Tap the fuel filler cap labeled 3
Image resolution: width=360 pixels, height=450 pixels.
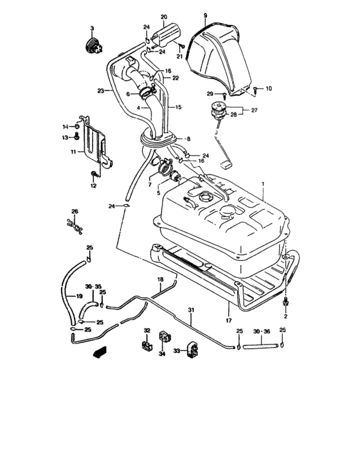pos(92,46)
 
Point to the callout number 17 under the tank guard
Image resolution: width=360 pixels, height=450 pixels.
pos(227,319)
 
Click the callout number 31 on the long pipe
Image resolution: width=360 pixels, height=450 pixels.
pos(190,312)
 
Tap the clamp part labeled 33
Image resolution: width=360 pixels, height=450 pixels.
pos(192,350)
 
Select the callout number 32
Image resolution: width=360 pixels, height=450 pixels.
pos(147,330)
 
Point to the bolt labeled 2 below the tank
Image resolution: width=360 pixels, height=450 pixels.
pos(286,302)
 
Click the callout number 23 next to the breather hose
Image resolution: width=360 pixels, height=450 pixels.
pos(101,91)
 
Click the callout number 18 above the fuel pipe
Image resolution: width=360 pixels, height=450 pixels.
pos(161,280)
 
